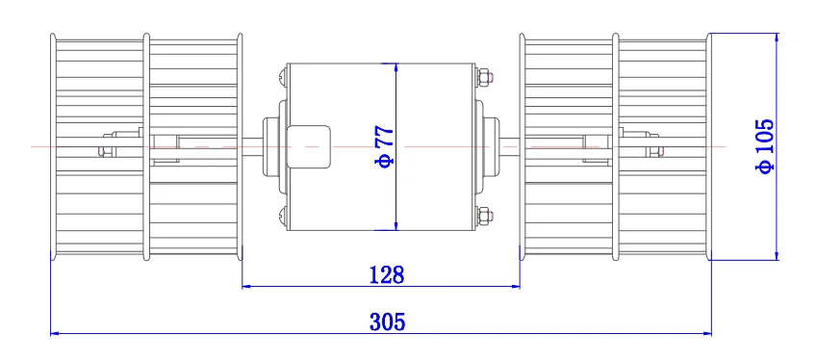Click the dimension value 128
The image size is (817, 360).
(386, 274)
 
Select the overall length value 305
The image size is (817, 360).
(387, 321)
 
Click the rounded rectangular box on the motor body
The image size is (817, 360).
(308, 146)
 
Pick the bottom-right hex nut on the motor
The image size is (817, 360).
(483, 216)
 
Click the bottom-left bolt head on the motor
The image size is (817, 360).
(282, 216)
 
